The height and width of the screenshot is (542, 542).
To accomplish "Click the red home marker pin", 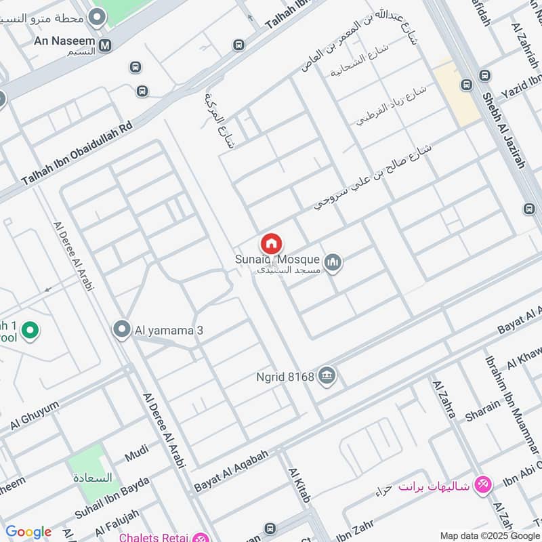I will click(x=271, y=243).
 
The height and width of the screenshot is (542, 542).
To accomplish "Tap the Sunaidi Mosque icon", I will click(x=333, y=262).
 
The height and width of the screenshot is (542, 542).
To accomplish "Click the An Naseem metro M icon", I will click(x=105, y=46).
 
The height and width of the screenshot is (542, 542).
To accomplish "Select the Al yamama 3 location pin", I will click(x=122, y=330).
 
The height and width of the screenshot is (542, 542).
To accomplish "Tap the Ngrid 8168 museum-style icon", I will click(x=327, y=375).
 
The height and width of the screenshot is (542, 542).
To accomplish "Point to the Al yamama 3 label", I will click(x=169, y=331).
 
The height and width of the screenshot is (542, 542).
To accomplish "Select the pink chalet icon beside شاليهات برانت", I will click(x=483, y=484).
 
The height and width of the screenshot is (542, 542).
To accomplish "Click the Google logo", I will click(x=28, y=533).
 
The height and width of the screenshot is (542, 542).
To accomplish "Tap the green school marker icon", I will click(x=29, y=331).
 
